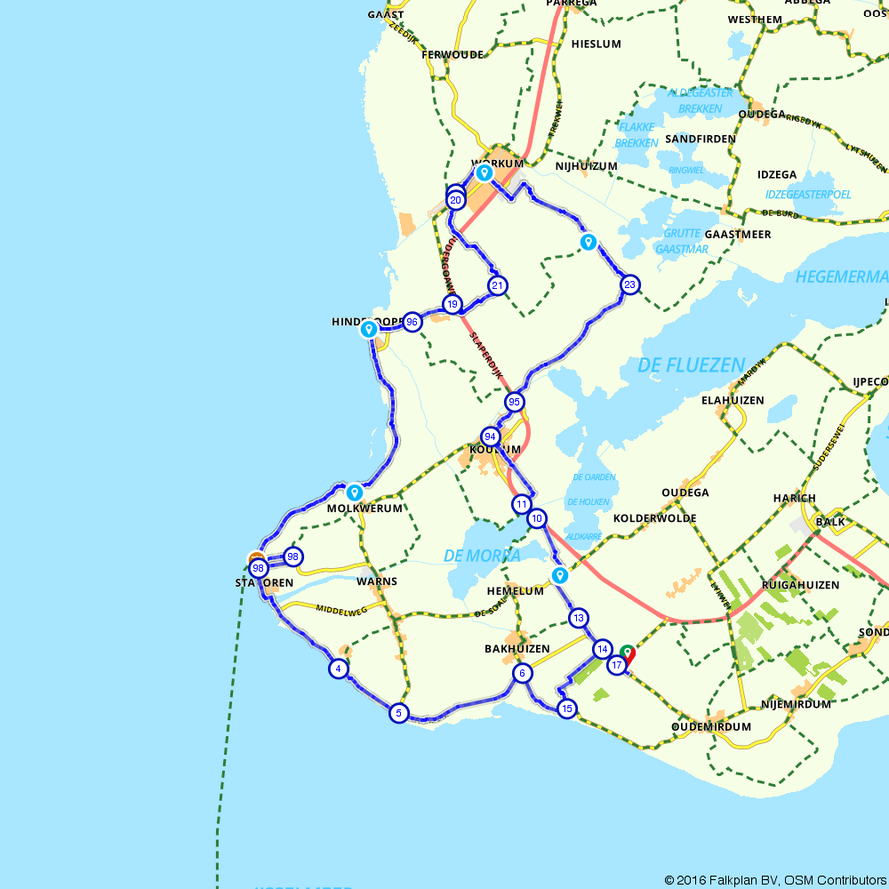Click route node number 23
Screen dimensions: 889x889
click(x=630, y=284)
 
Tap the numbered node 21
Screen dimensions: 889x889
click(x=497, y=285)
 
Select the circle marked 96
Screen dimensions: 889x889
click(x=412, y=322)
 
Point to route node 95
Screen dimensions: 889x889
click(x=514, y=402)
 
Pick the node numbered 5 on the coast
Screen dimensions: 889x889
click(x=398, y=712)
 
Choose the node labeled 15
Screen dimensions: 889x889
click(x=566, y=709)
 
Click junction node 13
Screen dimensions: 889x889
click(x=579, y=618)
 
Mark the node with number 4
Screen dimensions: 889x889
click(x=338, y=669)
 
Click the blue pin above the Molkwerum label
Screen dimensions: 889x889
click(x=355, y=491)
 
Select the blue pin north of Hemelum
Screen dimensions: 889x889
click(x=559, y=575)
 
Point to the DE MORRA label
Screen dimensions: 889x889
click(x=482, y=556)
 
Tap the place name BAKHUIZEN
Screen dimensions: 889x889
click(x=517, y=649)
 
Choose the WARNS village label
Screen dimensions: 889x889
click(x=376, y=581)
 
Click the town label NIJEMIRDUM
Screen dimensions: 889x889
click(x=796, y=704)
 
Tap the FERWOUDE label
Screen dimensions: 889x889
click(x=453, y=54)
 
